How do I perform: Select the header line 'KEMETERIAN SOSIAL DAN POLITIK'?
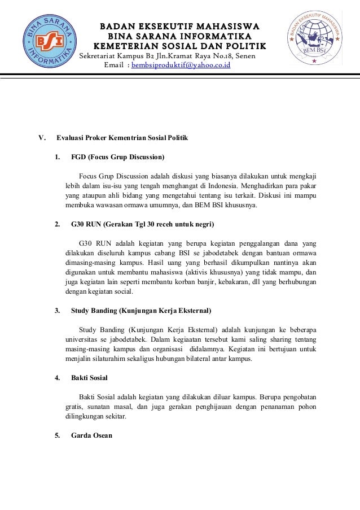(x=179, y=46)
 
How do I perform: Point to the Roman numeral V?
(x=41, y=138)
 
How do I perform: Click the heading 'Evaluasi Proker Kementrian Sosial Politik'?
(x=122, y=138)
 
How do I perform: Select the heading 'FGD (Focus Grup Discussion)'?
(x=118, y=156)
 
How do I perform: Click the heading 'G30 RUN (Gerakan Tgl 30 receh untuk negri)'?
(x=143, y=224)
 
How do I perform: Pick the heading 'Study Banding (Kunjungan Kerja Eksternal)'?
(x=141, y=310)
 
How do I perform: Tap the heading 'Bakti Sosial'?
(x=89, y=377)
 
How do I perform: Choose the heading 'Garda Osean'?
(x=91, y=435)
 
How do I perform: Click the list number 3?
(x=57, y=310)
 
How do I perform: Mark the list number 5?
(x=57, y=435)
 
